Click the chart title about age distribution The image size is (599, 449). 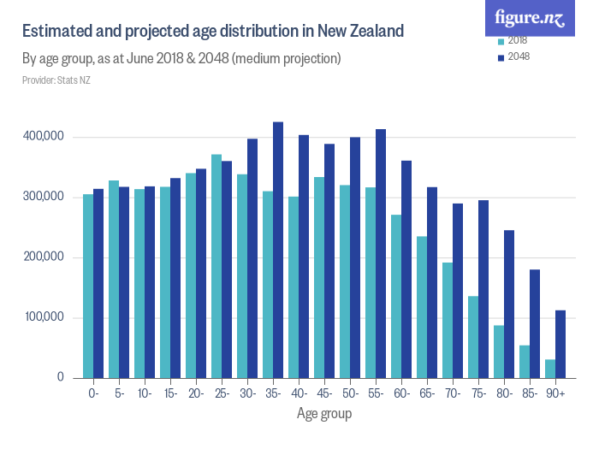click(x=212, y=32)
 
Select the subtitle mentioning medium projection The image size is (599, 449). click(x=181, y=59)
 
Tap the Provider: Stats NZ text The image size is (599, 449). click(x=55, y=80)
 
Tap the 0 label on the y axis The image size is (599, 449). click(x=61, y=377)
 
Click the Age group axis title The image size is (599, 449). click(x=324, y=414)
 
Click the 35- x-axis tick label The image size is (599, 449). click(x=273, y=393)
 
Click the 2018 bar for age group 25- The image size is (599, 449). click(x=216, y=266)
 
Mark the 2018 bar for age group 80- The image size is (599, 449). click(x=499, y=352)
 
